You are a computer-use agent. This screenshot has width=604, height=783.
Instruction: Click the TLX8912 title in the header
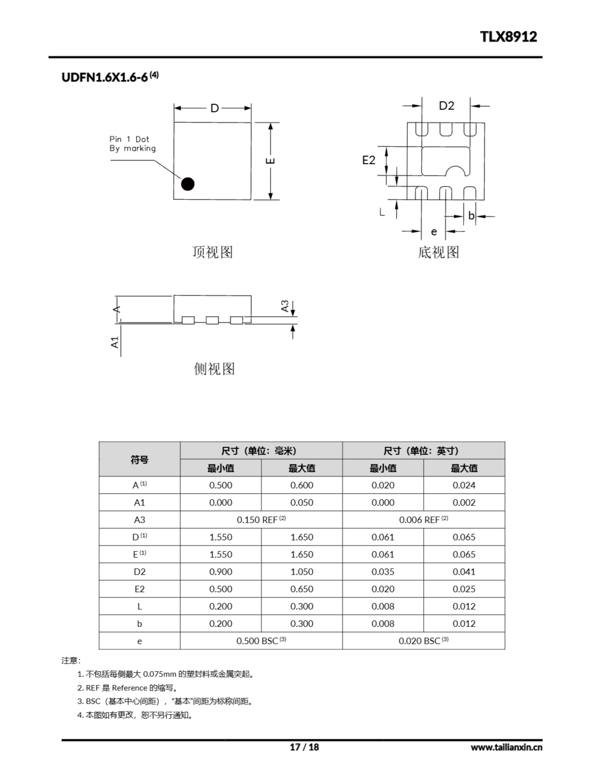[508, 37]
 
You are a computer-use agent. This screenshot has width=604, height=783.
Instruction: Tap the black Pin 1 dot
[187, 184]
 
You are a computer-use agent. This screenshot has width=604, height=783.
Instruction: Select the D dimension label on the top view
[214, 108]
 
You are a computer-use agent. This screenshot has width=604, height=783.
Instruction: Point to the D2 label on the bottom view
[446, 106]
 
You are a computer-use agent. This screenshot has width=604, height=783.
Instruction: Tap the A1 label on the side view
[115, 342]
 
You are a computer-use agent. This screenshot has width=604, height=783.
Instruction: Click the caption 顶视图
[212, 252]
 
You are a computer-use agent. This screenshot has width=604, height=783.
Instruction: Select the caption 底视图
[438, 252]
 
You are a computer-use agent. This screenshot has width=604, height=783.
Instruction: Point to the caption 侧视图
[214, 369]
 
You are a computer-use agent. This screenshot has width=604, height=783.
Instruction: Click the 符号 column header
[139, 459]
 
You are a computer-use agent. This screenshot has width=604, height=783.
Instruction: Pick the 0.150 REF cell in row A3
[261, 519]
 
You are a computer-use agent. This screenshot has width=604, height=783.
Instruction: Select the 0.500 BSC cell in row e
[261, 641]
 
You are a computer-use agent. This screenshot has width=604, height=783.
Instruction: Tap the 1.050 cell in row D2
[301, 571]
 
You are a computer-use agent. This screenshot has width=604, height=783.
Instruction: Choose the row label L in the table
[139, 606]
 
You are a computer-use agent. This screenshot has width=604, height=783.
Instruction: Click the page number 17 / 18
[304, 747]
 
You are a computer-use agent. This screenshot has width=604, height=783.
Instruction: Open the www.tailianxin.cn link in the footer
[506, 747]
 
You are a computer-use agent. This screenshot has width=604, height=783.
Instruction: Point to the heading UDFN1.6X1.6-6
[104, 77]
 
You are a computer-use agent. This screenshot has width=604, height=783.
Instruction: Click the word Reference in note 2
[129, 688]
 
